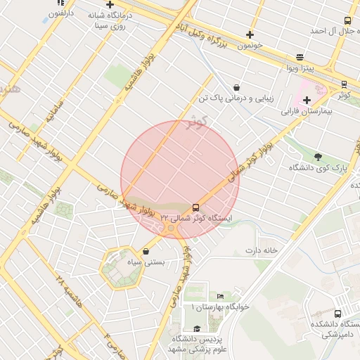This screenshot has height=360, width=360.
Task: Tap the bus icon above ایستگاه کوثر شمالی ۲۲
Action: click(195, 207)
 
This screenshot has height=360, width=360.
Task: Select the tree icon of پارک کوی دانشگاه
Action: click(318, 157)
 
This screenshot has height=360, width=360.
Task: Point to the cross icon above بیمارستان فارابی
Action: click(307, 100)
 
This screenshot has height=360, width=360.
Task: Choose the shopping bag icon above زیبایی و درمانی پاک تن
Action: click(236, 88)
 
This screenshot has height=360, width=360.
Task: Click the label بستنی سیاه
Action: click(144, 263)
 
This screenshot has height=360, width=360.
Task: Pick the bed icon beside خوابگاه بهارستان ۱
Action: click(220, 297)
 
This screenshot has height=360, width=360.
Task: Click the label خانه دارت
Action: click(262, 250)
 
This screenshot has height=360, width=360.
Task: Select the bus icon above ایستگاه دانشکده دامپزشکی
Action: click(338, 314)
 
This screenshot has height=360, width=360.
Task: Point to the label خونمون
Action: click(250, 44)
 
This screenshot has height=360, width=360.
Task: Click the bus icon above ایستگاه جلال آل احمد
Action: click(347, 21)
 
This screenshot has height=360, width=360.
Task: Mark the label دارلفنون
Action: click(58, 13)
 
